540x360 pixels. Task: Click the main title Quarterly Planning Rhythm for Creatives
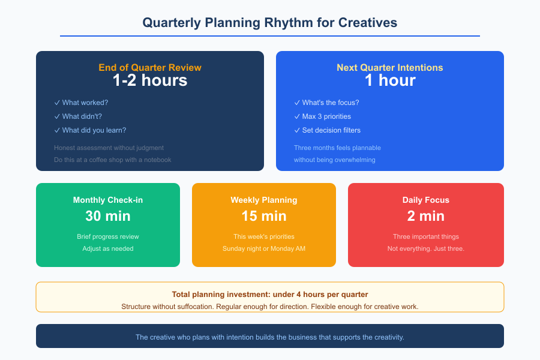(x=270, y=23)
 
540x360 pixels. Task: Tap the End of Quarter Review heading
(x=150, y=68)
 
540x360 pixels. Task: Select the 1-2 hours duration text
(x=150, y=80)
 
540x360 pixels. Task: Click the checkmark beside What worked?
(x=57, y=103)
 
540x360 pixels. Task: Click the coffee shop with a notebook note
(x=112, y=160)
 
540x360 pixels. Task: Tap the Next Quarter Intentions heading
(x=390, y=68)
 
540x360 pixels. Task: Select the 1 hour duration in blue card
(x=390, y=80)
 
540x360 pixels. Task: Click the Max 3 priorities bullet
(x=326, y=116)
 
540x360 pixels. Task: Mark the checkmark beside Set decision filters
(x=297, y=130)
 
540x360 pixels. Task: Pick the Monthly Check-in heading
(x=108, y=200)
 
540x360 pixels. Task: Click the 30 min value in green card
(x=108, y=216)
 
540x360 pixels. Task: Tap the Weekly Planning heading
(x=264, y=200)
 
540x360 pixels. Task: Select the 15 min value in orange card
(x=264, y=216)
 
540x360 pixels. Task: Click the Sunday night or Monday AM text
(x=264, y=248)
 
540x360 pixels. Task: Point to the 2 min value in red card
(x=426, y=216)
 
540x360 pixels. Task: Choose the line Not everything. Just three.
(x=426, y=248)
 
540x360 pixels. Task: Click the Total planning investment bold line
(x=270, y=295)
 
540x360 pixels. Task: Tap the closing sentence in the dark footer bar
(x=270, y=337)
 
